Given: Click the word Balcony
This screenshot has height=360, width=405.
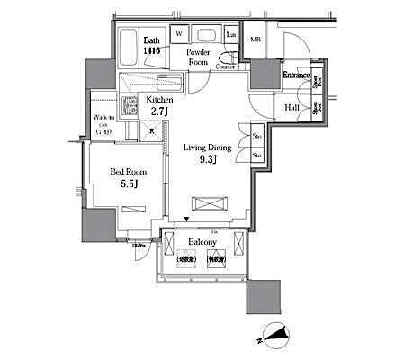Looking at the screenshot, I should [x=202, y=242].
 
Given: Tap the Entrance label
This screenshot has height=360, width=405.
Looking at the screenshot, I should [x=296, y=76].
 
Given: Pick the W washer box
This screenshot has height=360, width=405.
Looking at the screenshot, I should [x=178, y=35].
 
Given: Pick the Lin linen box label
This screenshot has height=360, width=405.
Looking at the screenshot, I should [x=230, y=35].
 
